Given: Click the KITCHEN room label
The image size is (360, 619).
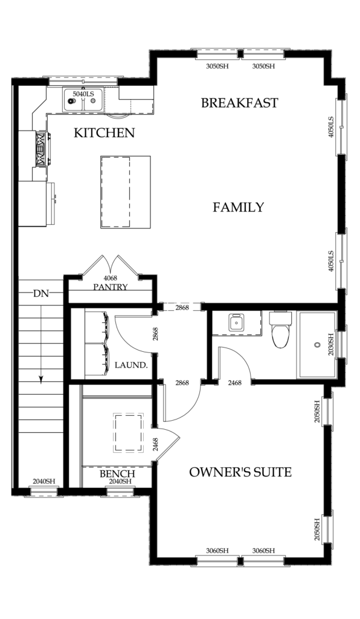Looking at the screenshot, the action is click(104, 132).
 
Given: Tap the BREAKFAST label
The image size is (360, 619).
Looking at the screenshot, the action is click(240, 103).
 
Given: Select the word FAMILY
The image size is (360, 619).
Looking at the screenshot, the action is click(238, 207).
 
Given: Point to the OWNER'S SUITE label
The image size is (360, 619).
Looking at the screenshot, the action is click(240, 472).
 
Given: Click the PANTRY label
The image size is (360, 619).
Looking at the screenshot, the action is click(111, 287).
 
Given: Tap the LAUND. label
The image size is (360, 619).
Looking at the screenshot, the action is click(131, 365).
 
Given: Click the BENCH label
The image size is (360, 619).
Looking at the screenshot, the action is click(117, 474).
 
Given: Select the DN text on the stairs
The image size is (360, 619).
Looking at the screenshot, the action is click(40, 293).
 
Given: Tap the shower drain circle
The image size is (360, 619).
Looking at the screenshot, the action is click(317, 345).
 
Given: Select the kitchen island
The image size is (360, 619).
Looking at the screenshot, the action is click(126, 192).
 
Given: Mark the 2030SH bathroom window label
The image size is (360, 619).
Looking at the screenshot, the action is click(331, 345).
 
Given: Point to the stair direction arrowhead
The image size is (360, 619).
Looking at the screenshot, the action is click(40, 379).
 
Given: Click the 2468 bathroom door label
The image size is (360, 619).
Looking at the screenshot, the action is click(235, 383).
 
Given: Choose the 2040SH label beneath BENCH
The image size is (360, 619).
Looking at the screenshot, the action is click(120, 482).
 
